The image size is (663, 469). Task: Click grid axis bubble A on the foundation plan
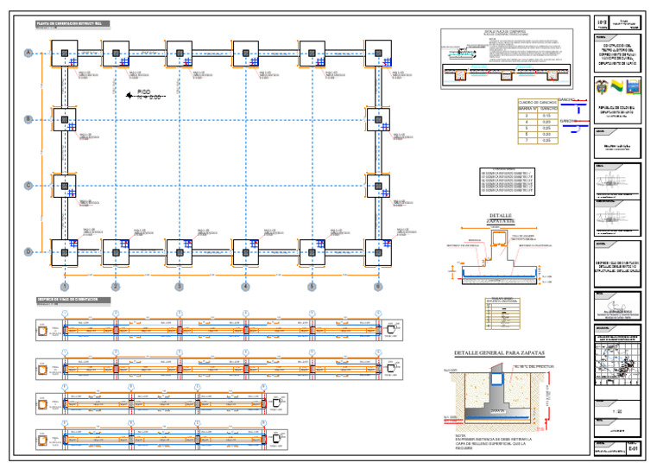click(x=28, y=54)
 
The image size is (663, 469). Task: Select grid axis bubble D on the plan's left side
click(x=28, y=251)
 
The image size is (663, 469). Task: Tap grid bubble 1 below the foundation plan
click(x=64, y=286)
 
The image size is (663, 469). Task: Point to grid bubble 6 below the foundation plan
click(x=377, y=286)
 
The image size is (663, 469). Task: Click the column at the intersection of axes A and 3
click(x=179, y=54)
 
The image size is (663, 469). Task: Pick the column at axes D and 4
click(x=245, y=251)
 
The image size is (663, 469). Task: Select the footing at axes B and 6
click(x=378, y=119)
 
